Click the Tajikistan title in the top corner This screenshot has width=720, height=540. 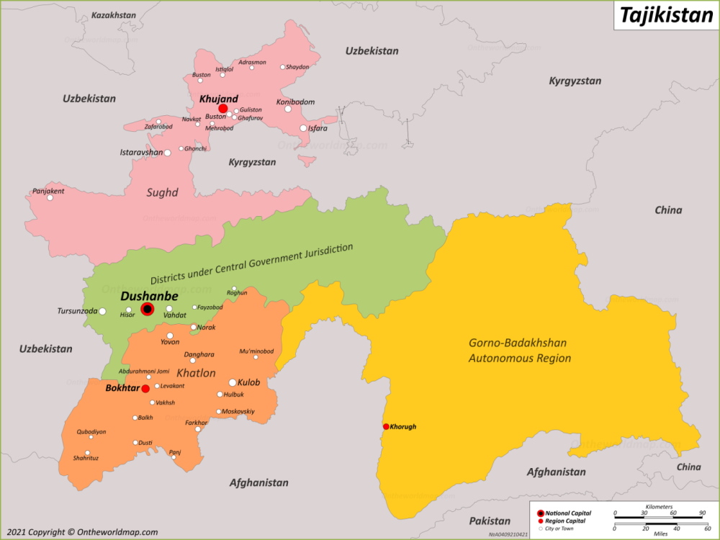click(x=666, y=15)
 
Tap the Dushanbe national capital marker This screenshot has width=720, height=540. click(x=148, y=309)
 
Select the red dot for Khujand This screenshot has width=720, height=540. click(x=223, y=109)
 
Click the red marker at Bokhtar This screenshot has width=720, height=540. click(x=145, y=389)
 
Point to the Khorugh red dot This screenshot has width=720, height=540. click(x=386, y=426)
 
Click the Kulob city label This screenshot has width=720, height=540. click(x=249, y=382)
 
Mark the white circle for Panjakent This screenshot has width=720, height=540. click(x=50, y=197)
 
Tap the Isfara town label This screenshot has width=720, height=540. click(x=318, y=128)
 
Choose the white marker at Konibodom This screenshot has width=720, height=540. click(x=288, y=109)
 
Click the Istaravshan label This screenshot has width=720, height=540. click(x=140, y=153)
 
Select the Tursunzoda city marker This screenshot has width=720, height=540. click(x=102, y=311)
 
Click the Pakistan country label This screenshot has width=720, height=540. click(x=490, y=521)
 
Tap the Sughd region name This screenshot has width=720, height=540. click(x=162, y=192)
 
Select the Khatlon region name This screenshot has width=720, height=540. click(x=196, y=373)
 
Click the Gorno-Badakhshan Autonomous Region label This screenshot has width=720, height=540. click(x=520, y=350)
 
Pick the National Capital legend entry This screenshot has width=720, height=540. click(x=565, y=513)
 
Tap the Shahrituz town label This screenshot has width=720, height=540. click(x=86, y=459)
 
